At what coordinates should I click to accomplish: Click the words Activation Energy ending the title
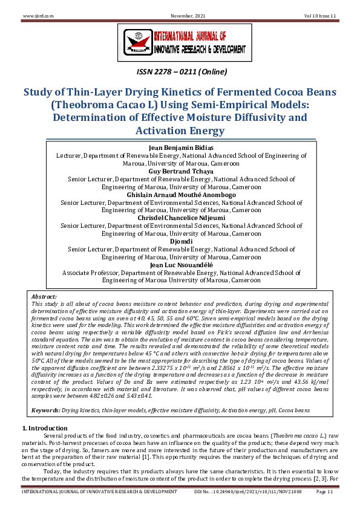point(180,131)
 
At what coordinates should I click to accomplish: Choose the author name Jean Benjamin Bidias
point(180,148)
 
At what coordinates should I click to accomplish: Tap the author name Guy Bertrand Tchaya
point(180,171)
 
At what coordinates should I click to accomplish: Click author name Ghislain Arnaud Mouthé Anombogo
point(180,195)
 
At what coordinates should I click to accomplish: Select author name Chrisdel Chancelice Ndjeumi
point(180,218)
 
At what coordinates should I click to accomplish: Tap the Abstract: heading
point(44,297)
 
